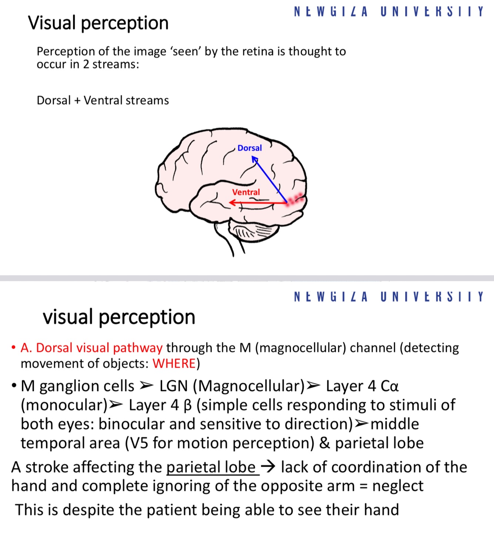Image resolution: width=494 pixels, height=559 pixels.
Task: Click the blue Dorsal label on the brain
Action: [250, 148]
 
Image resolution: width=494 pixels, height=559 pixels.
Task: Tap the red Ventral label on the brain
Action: [246, 192]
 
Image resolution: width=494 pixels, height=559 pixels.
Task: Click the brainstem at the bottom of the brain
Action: [228, 241]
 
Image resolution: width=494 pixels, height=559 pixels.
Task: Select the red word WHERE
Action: [174, 364]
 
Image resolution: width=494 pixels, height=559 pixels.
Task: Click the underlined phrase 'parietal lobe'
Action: [211, 467]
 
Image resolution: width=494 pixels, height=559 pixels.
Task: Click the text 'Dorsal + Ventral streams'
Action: [103, 100]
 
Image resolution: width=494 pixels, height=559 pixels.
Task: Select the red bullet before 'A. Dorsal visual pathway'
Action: [14, 348]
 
